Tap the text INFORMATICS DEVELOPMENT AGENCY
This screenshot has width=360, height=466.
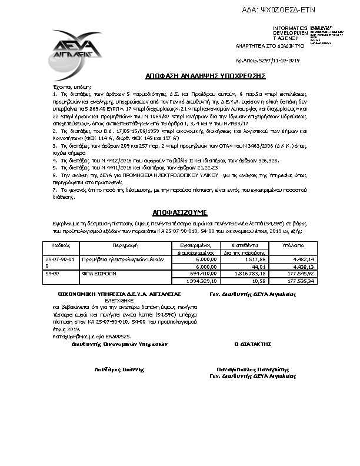289,33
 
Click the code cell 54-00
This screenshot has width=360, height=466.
52,274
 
